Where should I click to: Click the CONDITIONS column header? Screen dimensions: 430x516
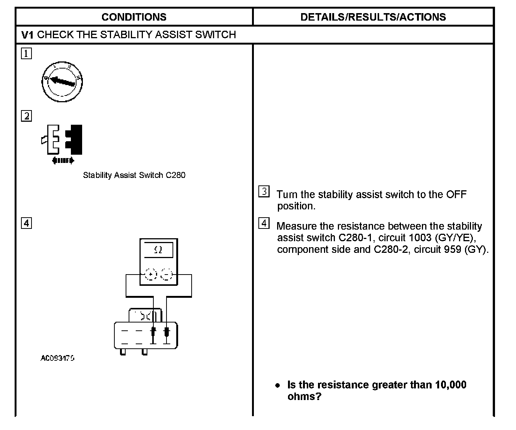coord(134,17)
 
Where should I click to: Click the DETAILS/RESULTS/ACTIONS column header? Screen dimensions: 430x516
coord(373,17)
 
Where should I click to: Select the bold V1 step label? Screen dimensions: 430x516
coord(28,35)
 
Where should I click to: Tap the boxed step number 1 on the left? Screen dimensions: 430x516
coord(26,54)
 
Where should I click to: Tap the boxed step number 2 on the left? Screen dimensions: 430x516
coord(26,116)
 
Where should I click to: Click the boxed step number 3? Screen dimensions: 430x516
coord(264,192)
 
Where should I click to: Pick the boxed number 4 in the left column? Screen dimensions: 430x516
coord(26,223)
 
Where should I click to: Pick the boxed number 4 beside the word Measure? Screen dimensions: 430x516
coord(264,224)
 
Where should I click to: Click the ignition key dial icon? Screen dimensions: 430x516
coord(62,82)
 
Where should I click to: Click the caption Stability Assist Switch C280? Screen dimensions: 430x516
coord(134,175)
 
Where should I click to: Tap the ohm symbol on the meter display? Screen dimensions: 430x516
coord(158,250)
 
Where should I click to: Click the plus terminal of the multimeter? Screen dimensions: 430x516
coord(151,275)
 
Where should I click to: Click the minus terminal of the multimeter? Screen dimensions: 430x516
coord(166,275)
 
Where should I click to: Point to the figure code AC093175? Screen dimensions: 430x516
coord(57,358)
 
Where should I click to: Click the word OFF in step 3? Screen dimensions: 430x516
coord(456,195)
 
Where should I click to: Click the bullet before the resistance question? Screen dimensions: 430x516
coord(277,385)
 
